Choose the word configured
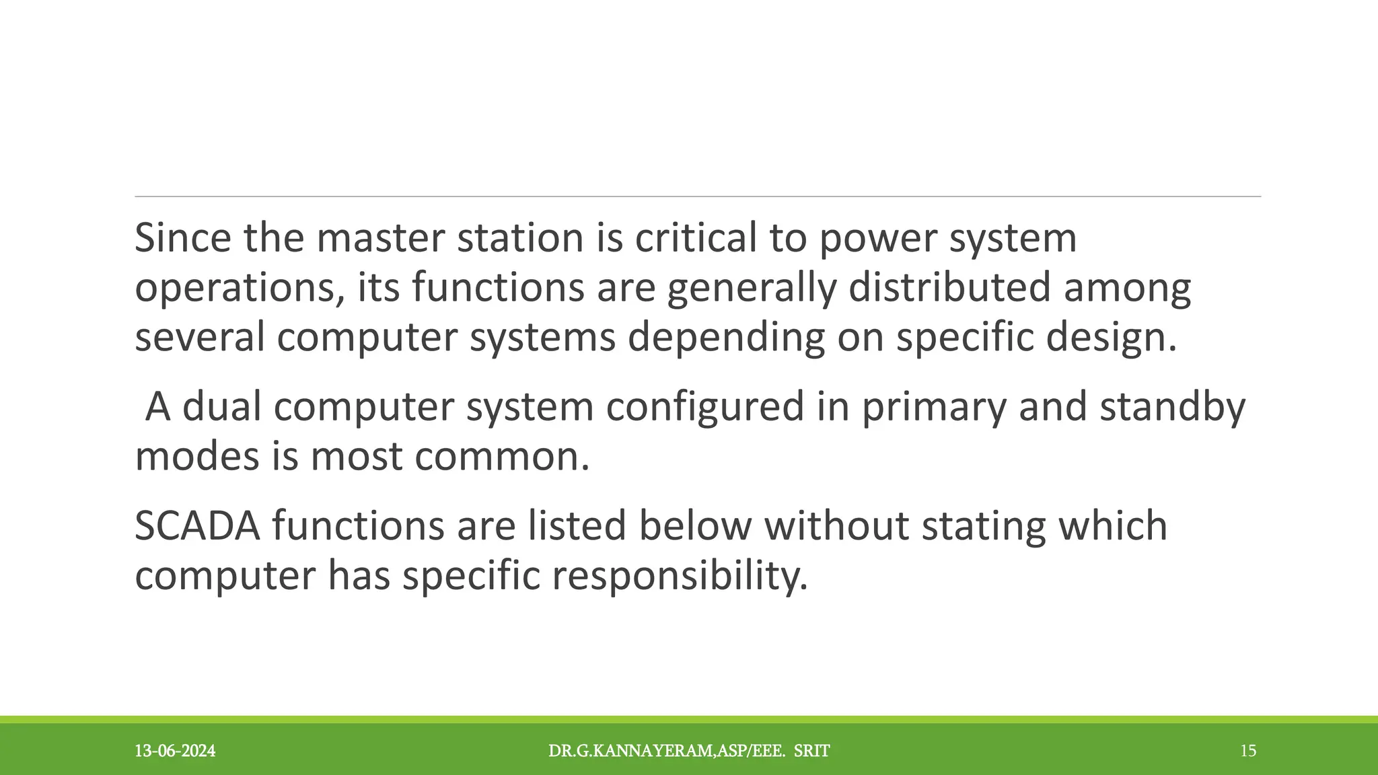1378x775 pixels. [704, 408]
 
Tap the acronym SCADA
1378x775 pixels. [197, 525]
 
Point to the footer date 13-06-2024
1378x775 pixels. [175, 751]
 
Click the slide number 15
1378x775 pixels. [1248, 751]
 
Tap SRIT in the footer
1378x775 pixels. [811, 751]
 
